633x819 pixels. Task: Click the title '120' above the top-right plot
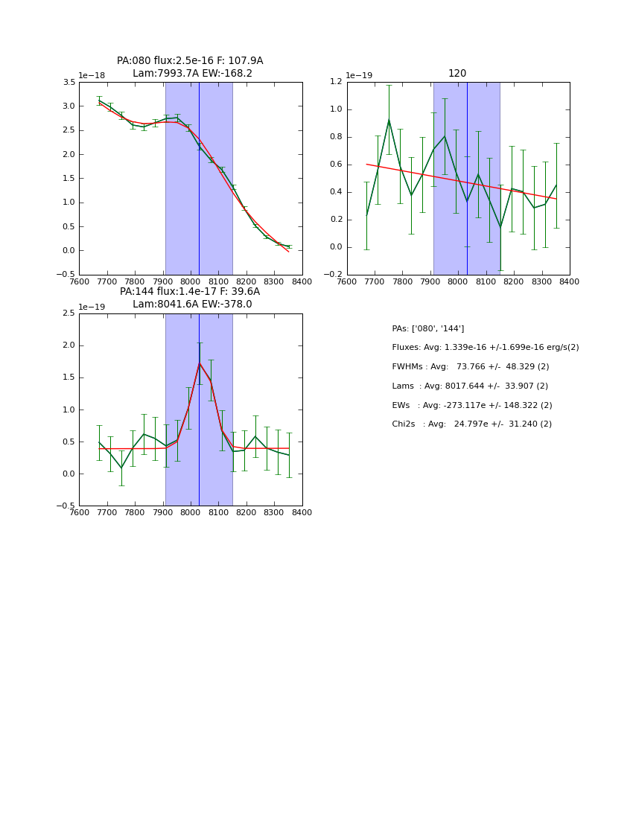457,74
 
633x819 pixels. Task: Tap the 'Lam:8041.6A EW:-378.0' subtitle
192,305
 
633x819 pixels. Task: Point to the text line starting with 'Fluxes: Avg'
485,348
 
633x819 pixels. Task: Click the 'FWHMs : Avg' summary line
470,367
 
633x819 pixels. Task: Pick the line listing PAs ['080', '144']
428,328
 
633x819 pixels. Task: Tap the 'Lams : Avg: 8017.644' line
469,386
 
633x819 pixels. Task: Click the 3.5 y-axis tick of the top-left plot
68,83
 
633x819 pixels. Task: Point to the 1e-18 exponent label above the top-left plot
92,75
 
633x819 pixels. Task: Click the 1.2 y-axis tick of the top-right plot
335,83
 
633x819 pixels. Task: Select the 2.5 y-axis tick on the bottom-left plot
68,313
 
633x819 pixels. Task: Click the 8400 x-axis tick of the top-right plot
569,281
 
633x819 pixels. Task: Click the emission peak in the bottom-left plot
200,363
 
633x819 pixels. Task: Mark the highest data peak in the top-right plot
389,119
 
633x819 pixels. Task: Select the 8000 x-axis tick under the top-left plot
191,281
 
